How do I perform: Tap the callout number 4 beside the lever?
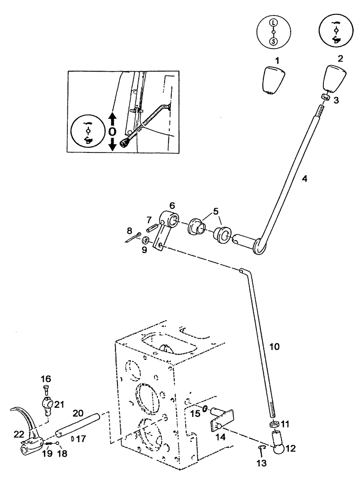point(304,178)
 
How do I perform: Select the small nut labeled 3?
point(325,98)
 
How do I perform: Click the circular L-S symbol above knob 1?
point(273,31)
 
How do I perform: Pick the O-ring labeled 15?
point(205,409)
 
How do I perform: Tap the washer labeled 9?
point(144,239)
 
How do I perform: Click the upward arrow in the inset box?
point(112,117)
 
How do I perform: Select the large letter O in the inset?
point(112,131)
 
